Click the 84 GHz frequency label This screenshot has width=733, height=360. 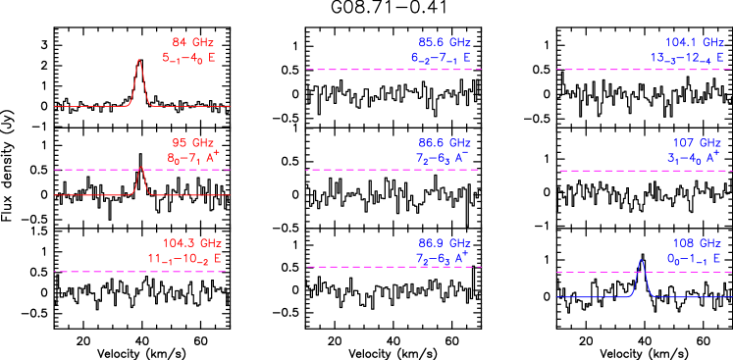pyautogui.click(x=192, y=42)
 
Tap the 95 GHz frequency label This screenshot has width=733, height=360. pyautogui.click(x=192, y=143)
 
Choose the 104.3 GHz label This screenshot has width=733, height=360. pyautogui.click(x=192, y=243)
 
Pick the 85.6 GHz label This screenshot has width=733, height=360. pyautogui.click(x=445, y=42)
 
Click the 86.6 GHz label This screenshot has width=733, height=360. pyautogui.click(x=445, y=143)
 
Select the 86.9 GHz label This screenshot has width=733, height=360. pyautogui.click(x=445, y=243)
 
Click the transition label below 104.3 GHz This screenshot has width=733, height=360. pyautogui.click(x=179, y=260)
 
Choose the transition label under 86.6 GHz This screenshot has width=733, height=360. pyautogui.click(x=444, y=159)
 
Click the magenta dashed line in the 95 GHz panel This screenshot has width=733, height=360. pyautogui.click(x=98, y=170)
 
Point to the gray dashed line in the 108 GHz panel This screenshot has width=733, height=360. pyautogui.click(x=599, y=271)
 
